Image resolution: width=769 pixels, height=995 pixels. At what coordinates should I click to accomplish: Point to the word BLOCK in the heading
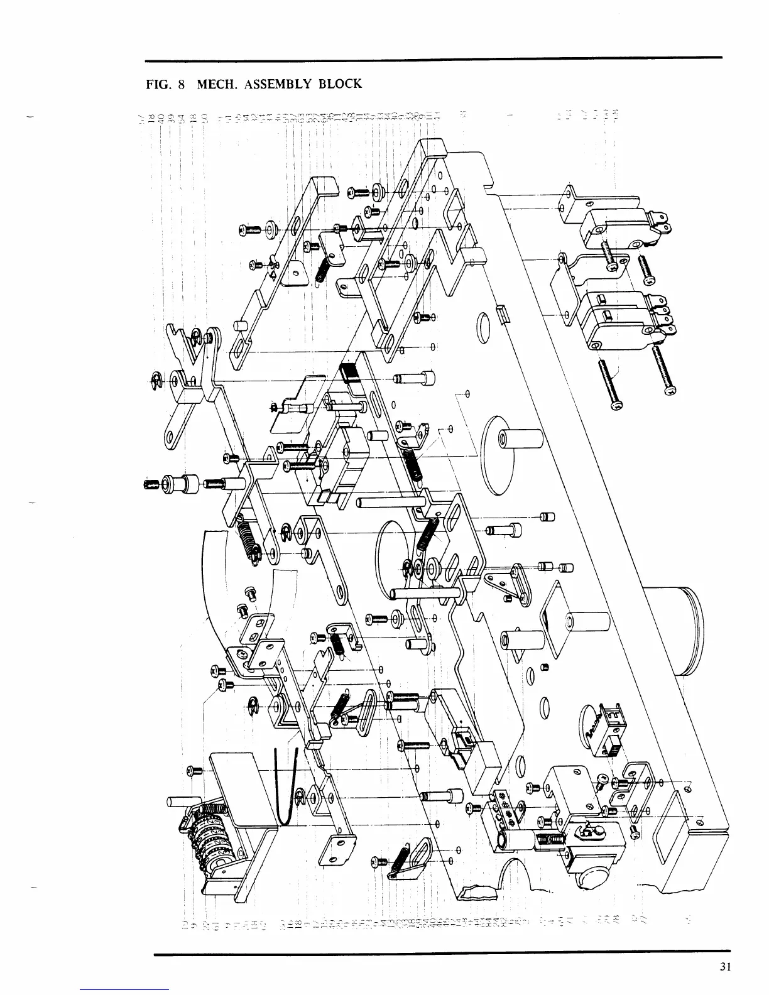pyautogui.click(x=340, y=84)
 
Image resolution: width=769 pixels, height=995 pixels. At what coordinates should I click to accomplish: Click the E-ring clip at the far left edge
pyautogui.click(x=158, y=378)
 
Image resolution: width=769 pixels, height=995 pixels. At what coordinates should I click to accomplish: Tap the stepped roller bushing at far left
pyautogui.click(x=179, y=484)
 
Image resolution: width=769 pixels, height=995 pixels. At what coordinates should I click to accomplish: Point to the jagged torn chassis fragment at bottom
pyautogui.click(x=474, y=892)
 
